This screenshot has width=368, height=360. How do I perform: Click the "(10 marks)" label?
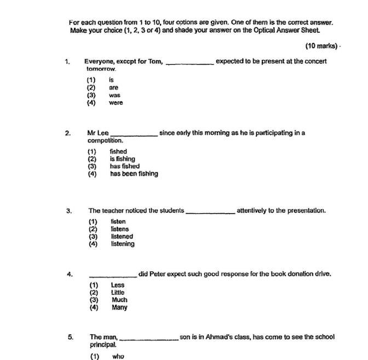click(x=321, y=46)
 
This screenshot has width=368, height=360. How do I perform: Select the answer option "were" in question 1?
click(x=116, y=102)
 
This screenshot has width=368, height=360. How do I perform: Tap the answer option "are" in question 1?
click(x=113, y=87)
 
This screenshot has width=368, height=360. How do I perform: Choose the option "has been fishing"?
click(x=134, y=174)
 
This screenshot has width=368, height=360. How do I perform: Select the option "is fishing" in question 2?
click(x=122, y=159)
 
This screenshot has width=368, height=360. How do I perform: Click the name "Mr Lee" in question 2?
click(x=99, y=133)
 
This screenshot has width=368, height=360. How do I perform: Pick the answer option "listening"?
click(x=122, y=244)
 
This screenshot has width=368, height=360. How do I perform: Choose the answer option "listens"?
click(x=119, y=229)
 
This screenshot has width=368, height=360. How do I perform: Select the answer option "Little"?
click(x=118, y=293)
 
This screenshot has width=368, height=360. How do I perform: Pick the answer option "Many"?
click(x=119, y=307)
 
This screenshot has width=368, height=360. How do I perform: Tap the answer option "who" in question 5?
click(x=118, y=356)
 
